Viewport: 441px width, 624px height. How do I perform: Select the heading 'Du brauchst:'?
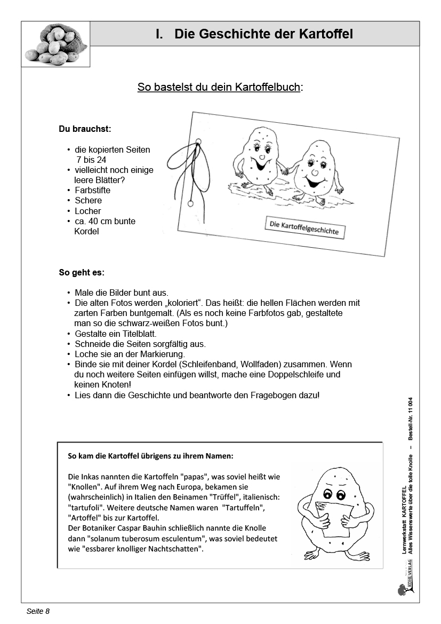pos(85,129)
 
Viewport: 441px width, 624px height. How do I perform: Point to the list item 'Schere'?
pos(88,200)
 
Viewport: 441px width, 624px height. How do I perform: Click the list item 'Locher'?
pos(87,211)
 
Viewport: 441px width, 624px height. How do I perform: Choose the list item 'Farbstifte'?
pos(92,190)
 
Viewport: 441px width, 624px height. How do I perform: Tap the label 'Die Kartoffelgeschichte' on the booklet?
pos(304,228)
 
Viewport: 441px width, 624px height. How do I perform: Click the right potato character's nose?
pos(315,173)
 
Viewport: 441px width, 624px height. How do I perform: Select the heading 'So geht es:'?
pos(82,272)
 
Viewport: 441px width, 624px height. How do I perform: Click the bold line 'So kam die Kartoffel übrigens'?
pos(151,456)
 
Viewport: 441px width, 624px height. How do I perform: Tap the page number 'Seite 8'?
pos(38,611)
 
